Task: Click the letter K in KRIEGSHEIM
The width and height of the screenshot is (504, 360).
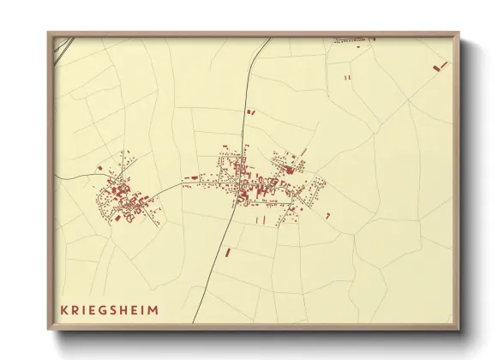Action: (x=63, y=310)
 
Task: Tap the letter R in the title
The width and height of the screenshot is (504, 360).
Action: (x=75, y=310)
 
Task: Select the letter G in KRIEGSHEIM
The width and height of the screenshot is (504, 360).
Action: (x=104, y=310)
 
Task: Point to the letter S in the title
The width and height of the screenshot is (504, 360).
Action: (x=117, y=310)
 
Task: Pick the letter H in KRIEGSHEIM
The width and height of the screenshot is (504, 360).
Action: (x=129, y=310)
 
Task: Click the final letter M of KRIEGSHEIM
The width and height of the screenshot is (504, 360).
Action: (x=153, y=310)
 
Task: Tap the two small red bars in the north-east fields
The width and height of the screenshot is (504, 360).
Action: (x=348, y=77)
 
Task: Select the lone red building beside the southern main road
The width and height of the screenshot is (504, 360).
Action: (x=227, y=252)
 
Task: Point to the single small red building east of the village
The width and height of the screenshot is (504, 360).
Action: (x=327, y=215)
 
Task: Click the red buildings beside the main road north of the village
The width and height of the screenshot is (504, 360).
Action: (x=250, y=111)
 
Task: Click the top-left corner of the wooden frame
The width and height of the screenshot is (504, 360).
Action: (x=49, y=33)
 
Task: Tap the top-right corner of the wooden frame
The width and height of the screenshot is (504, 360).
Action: (x=459, y=33)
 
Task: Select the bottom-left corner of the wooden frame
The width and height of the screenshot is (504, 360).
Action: (x=49, y=330)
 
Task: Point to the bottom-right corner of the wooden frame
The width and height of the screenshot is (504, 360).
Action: (x=459, y=330)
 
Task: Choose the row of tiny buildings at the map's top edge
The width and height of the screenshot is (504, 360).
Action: (x=353, y=39)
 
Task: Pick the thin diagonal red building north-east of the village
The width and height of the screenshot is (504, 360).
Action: (x=303, y=153)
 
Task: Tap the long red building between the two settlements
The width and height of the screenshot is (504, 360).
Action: (x=188, y=182)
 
